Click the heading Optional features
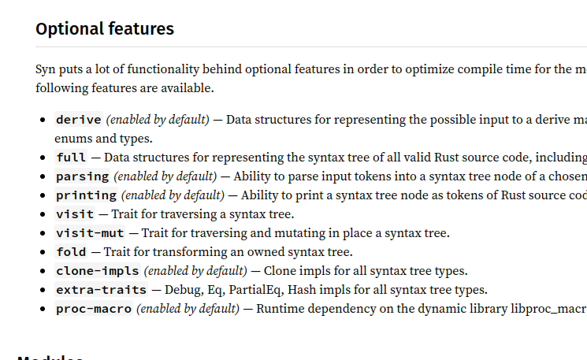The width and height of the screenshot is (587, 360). [105, 29]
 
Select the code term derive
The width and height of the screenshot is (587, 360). [78, 120]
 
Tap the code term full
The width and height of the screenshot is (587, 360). [71, 158]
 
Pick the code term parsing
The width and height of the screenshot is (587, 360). [82, 176]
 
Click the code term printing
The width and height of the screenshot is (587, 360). [86, 195]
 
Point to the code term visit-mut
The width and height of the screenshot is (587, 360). [89, 233]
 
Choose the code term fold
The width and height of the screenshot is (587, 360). [71, 252]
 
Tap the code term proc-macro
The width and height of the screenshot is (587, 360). [93, 309]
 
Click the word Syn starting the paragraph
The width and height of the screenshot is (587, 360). [46, 69]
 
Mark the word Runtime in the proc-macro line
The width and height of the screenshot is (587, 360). [279, 309]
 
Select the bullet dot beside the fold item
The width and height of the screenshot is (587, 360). [43, 252]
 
